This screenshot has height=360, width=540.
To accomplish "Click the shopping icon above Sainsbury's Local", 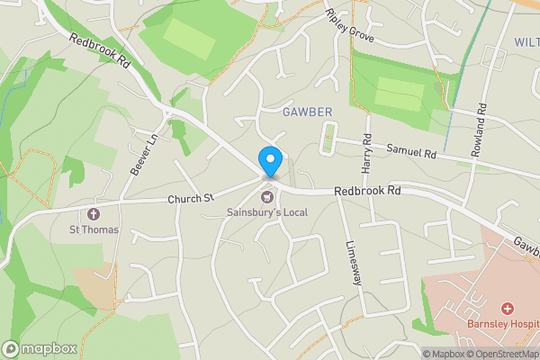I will coord(267,197).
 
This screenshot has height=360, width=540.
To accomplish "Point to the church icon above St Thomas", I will coord(94,213).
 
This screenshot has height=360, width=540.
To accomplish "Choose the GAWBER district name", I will coord(308,112).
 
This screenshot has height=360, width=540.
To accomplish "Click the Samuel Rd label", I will coord(410,151).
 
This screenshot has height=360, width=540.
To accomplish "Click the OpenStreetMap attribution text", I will coord(504,354).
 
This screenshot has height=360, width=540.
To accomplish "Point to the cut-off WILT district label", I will coord(526,42).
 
